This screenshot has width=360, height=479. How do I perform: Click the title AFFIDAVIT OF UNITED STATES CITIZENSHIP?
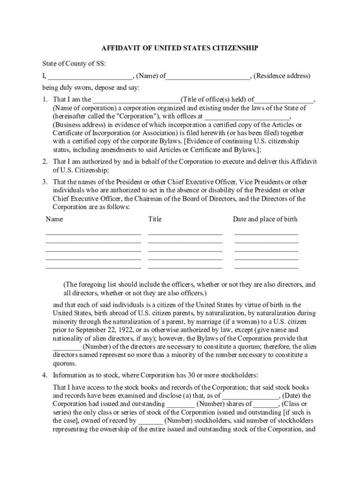click(x=180, y=48)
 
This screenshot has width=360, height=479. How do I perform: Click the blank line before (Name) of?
click(x=90, y=76)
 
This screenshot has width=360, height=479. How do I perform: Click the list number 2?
click(x=44, y=161)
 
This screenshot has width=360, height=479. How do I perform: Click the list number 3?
click(x=44, y=182)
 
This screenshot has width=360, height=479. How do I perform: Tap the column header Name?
click(x=54, y=219)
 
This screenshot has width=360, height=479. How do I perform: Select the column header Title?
click(x=155, y=219)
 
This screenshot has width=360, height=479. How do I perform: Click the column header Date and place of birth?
click(x=265, y=219)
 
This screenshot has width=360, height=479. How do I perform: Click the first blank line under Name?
click(x=93, y=233)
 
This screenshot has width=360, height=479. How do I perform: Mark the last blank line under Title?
click(x=185, y=268)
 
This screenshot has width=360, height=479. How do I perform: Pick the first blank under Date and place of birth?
click(x=266, y=233)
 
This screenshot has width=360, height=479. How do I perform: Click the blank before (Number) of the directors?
click(x=67, y=347)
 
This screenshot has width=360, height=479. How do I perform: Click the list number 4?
click(x=44, y=375)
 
